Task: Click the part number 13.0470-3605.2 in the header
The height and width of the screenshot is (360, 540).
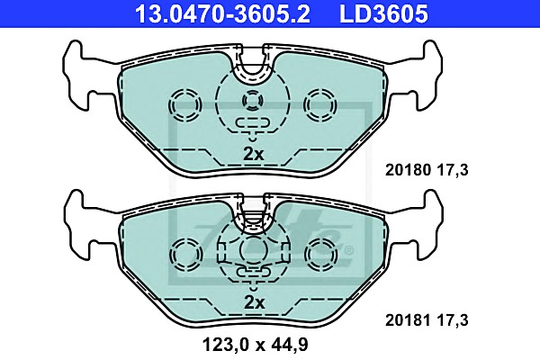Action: pos(222,13)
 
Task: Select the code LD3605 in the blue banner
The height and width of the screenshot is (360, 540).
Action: pos(383,13)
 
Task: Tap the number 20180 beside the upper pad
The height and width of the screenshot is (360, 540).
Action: pos(408,170)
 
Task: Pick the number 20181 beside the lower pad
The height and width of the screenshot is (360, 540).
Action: pos(408,320)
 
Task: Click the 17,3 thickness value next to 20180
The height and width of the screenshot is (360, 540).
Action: pos(453,170)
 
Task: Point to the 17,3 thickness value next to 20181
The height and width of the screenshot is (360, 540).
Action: pos(453,320)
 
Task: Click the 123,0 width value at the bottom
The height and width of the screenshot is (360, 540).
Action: pos(226,345)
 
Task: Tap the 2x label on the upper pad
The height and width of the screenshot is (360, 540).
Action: pos(254,154)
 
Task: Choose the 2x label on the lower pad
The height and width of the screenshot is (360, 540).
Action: pos(254,302)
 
